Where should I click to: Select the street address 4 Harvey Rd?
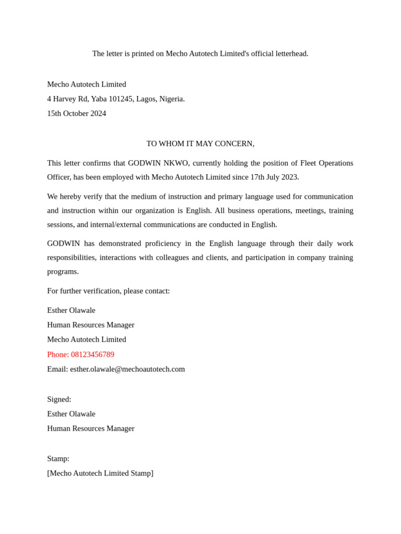tap(68, 99)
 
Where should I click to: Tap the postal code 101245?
tap(121, 99)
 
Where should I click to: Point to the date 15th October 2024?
tap(76, 114)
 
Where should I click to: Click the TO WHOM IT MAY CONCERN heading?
tap(200, 144)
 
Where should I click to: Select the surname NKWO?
tap(176, 163)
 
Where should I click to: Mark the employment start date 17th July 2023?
tap(274, 177)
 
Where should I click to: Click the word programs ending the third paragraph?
tap(62, 272)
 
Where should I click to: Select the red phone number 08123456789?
tap(92, 355)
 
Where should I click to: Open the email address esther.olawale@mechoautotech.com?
tap(127, 369)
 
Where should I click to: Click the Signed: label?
tap(59, 399)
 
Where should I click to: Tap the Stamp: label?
tap(58, 459)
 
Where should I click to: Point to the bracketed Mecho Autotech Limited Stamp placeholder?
tap(100, 474)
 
